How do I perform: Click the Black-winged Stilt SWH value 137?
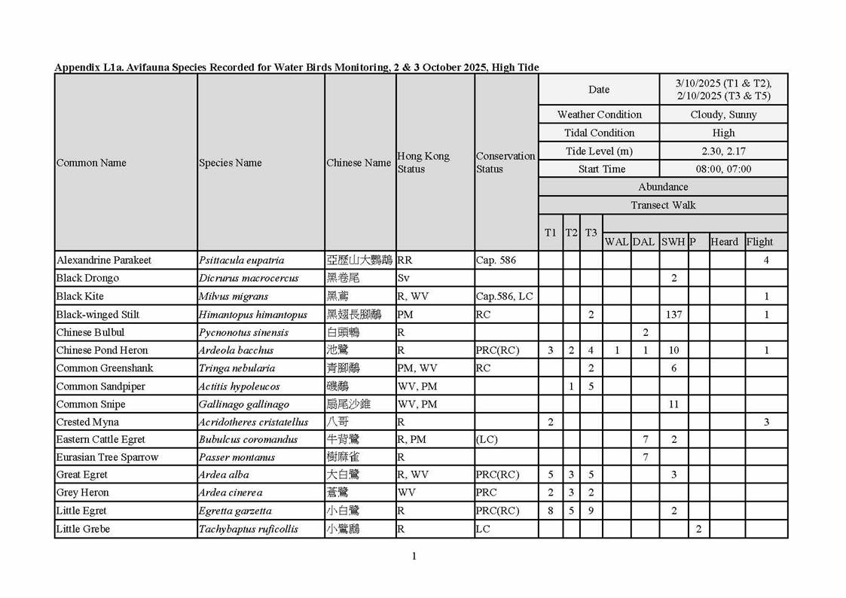pyautogui.click(x=673, y=315)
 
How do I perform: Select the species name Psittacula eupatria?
pyautogui.click(x=241, y=261)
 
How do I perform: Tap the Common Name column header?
pyautogui.click(x=91, y=163)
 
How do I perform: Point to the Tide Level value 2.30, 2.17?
pyautogui.click(x=723, y=151)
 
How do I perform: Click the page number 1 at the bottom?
pyautogui.click(x=414, y=557)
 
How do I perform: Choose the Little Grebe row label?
pyautogui.click(x=83, y=529)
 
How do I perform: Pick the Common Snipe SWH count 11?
pyautogui.click(x=673, y=404)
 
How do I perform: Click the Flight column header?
pyautogui.click(x=759, y=242)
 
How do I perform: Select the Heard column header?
pyautogui.click(x=724, y=242)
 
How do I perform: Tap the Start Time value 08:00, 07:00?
pyautogui.click(x=723, y=169)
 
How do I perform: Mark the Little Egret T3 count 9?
pyautogui.click(x=591, y=511)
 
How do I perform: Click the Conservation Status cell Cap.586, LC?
pyautogui.click(x=504, y=297)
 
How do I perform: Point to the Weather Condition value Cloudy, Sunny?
pyautogui.click(x=723, y=115)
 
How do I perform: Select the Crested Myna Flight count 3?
pyautogui.click(x=766, y=423)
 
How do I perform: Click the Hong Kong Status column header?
pyautogui.click(x=423, y=163)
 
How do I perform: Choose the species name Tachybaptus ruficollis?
pyautogui.click(x=248, y=529)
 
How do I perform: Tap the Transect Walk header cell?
pyautogui.click(x=663, y=206)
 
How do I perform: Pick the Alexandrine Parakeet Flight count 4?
pyautogui.click(x=766, y=261)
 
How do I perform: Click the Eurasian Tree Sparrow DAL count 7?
pyautogui.click(x=645, y=457)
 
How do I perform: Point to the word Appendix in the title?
pyautogui.click(x=75, y=68)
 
